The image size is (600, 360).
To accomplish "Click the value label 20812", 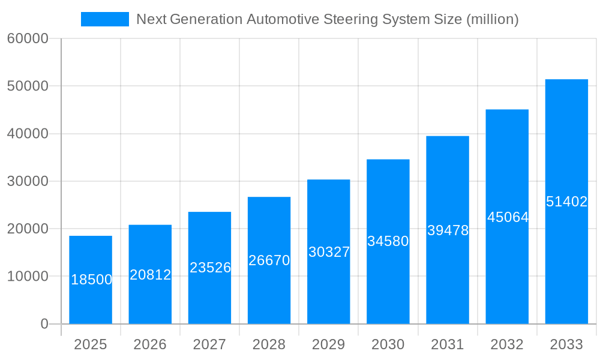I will tap(151, 275).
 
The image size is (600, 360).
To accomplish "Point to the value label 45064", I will tap(508, 217).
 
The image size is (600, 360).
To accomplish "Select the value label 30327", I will tap(329, 252).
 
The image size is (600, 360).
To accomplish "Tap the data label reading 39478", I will tap(448, 230).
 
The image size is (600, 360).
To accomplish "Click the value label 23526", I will tap(210, 268).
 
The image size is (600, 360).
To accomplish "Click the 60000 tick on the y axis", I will tap(27, 39).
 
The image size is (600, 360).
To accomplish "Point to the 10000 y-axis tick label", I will tap(27, 277).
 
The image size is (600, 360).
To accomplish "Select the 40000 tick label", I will tap(27, 134).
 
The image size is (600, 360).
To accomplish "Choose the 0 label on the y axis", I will tap(44, 324).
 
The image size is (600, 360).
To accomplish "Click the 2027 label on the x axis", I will tap(209, 345).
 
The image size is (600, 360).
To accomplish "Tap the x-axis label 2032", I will tap(507, 345).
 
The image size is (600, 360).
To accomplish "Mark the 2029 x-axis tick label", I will tap(328, 345).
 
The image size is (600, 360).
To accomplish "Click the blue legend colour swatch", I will tap(105, 19).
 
